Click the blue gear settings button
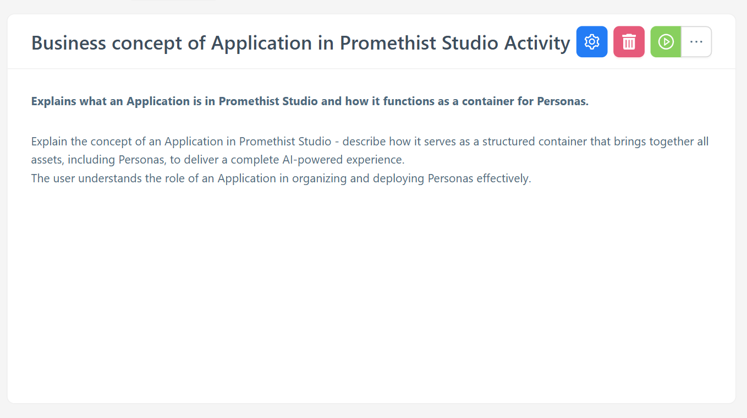pyautogui.click(x=591, y=42)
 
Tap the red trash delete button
pyautogui.click(x=629, y=42)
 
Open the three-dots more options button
pyautogui.click(x=696, y=42)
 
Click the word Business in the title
pyautogui.click(x=68, y=43)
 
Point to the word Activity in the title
pyautogui.click(x=537, y=44)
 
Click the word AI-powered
pyautogui.click(x=312, y=160)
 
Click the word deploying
pyautogui.click(x=398, y=178)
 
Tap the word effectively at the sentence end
pyautogui.click(x=503, y=178)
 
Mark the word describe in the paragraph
pyautogui.click(x=364, y=142)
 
